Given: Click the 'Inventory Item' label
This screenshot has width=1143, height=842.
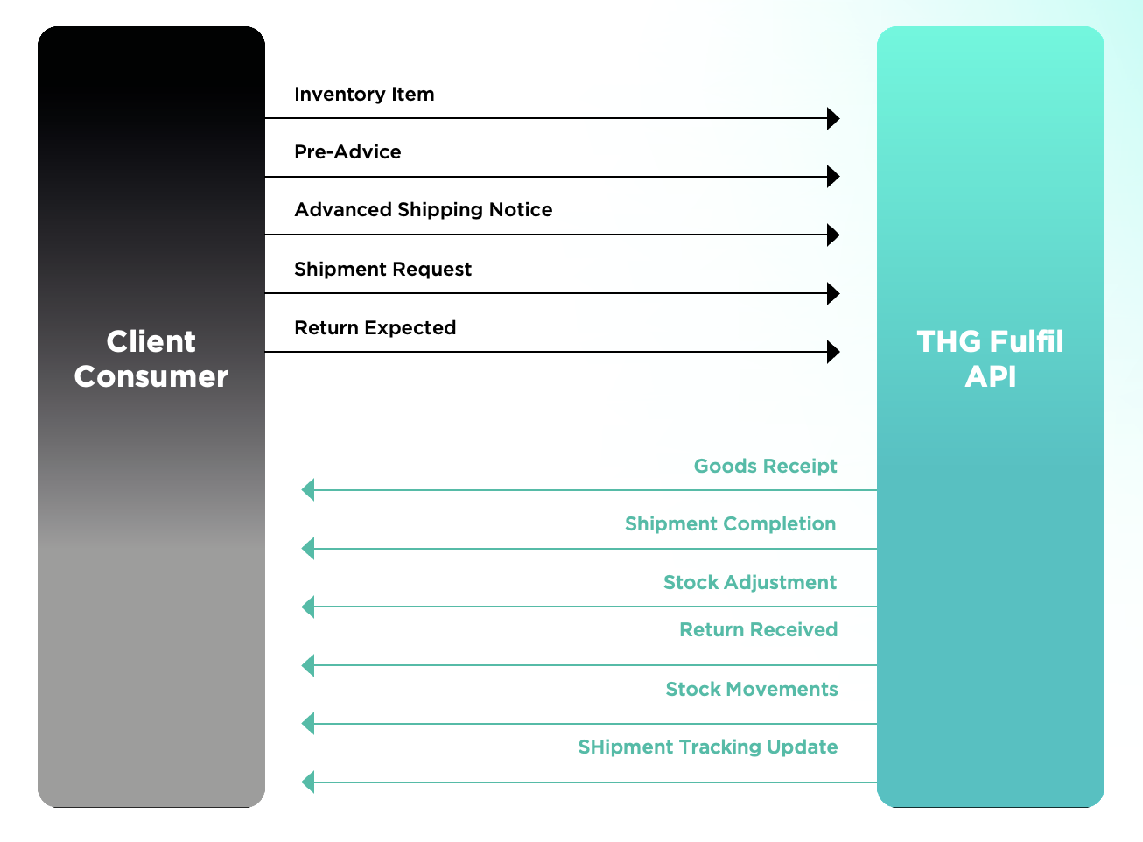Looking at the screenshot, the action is point(364,94).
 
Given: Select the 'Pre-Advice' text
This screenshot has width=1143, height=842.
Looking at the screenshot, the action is point(347,151).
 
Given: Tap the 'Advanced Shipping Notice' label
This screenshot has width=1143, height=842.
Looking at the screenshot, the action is point(423,210).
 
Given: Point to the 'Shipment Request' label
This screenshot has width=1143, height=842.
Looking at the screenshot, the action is point(382,269).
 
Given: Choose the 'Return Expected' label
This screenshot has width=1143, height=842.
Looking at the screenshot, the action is point(375,327).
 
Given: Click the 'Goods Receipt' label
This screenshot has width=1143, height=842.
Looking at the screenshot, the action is point(766,466).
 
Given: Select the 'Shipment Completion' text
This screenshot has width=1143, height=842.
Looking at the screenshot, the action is point(730,523).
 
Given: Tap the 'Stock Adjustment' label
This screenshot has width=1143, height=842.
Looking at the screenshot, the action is point(749,582).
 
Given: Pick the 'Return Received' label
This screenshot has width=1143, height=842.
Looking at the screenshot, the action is point(758,629).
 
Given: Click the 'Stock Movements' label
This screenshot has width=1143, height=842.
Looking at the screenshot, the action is point(752,689).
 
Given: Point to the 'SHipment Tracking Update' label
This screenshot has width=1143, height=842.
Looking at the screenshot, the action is point(708,747).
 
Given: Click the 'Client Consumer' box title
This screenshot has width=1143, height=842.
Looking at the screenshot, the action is point(151,359).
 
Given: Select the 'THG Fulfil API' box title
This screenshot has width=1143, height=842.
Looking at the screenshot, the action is point(990,359).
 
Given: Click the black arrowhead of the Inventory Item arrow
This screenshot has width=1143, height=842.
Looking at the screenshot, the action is point(833,118).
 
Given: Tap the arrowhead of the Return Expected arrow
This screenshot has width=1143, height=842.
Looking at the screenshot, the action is point(833,352).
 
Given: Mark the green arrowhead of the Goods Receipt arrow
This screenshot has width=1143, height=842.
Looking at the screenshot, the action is point(308,490).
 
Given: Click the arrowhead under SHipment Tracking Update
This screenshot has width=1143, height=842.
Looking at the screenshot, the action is point(308,782).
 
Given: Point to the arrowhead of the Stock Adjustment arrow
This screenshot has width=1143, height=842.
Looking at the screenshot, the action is point(308,607).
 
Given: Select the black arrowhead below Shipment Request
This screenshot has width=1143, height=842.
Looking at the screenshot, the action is point(833,293).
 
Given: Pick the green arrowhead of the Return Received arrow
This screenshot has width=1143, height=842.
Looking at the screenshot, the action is point(308,665).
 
